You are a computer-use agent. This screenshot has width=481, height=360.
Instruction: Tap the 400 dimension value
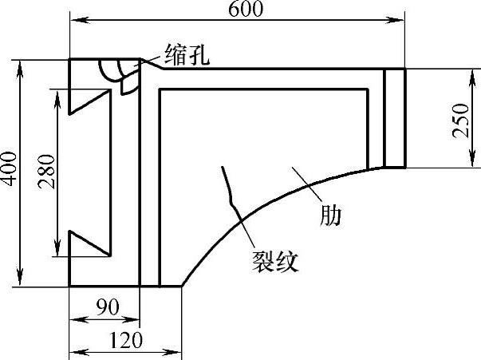tap(9, 170)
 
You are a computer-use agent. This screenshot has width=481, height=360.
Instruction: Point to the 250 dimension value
tap(462, 119)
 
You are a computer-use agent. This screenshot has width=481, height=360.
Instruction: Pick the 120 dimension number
tap(125, 342)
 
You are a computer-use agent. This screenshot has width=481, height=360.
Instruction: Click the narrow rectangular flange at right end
tap(395, 118)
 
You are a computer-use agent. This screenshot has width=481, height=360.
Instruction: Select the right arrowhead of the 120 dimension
tap(177, 350)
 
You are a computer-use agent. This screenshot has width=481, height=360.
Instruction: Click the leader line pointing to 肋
tap(307, 184)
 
